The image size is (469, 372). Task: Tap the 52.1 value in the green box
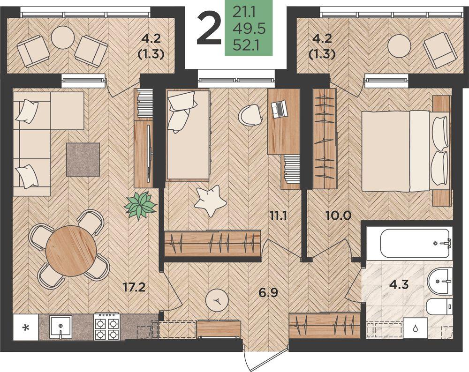point(247,46)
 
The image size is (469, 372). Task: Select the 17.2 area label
point(134,287)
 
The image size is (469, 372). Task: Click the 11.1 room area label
point(278,215)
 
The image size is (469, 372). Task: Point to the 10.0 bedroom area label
point(338,215)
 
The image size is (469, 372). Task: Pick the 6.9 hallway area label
point(268,293)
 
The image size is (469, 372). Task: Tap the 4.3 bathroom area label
point(399,284)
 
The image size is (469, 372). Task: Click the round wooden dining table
point(71,250)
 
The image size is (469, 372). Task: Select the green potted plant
point(141,206)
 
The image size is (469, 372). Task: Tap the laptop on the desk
point(279,109)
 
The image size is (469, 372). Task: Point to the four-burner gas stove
point(107,327)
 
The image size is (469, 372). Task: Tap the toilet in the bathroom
point(439,306)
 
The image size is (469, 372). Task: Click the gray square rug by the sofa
point(83,159)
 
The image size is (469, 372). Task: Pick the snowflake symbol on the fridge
point(26,328)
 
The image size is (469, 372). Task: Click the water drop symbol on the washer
point(416,328)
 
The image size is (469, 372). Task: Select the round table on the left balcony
point(62,37)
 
